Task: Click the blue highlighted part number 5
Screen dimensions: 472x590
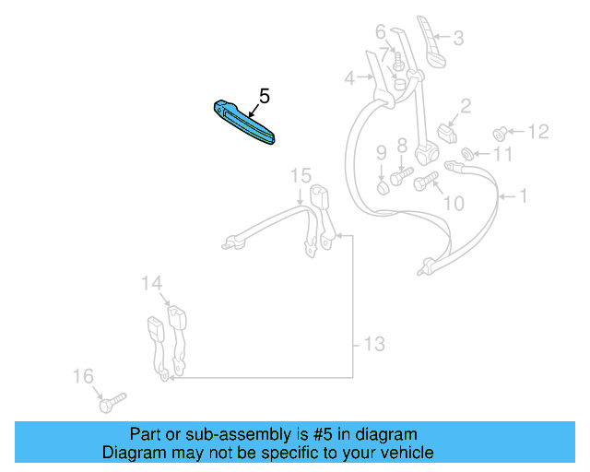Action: pyautogui.click(x=244, y=122)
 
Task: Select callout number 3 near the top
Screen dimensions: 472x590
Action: pyautogui.click(x=458, y=39)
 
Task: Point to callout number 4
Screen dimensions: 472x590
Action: pyautogui.click(x=349, y=79)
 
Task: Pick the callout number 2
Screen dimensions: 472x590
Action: pyautogui.click(x=466, y=107)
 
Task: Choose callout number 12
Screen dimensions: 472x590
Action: pyautogui.click(x=537, y=132)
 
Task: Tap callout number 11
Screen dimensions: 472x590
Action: pyautogui.click(x=501, y=155)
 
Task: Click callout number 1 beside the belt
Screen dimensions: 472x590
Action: pyautogui.click(x=524, y=196)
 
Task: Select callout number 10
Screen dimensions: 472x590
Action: pyautogui.click(x=454, y=202)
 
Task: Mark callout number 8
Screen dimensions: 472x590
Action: pyautogui.click(x=402, y=145)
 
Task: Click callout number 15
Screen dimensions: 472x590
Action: pyautogui.click(x=301, y=175)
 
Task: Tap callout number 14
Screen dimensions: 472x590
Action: pyautogui.click(x=151, y=284)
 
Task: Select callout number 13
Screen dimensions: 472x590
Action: pyautogui.click(x=372, y=345)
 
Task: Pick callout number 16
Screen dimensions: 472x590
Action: pyautogui.click(x=84, y=375)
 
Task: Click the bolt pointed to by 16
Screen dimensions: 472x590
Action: pyautogui.click(x=111, y=402)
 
